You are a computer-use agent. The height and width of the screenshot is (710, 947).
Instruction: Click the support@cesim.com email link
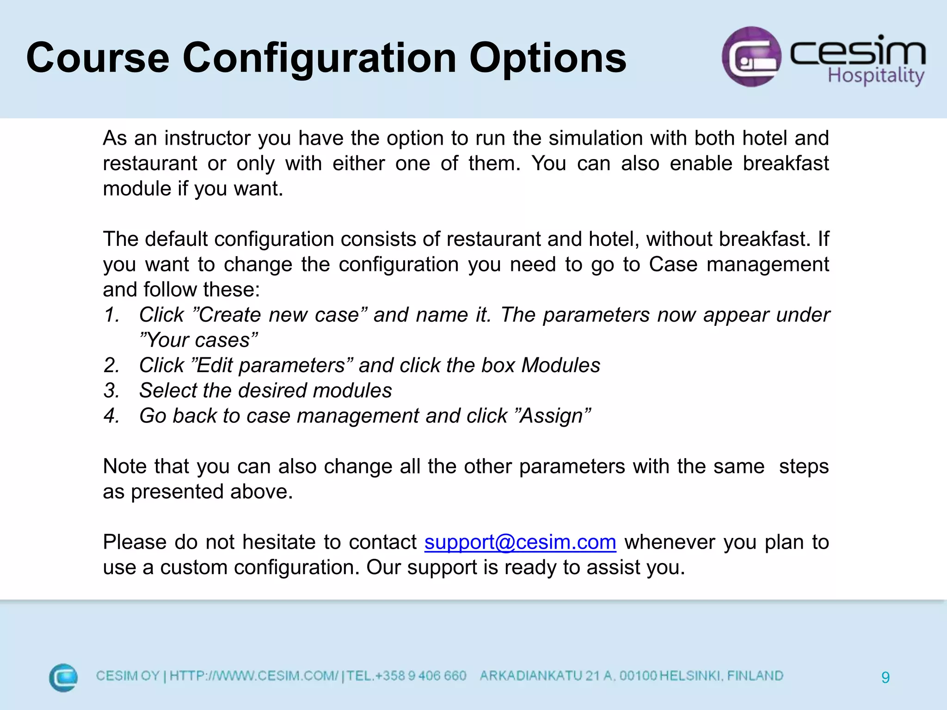pos(520,542)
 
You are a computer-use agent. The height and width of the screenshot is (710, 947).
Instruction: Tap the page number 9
pos(885,678)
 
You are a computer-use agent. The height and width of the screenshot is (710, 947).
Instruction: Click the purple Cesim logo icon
pos(751,56)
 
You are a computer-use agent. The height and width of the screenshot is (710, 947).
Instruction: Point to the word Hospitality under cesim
pos(875,75)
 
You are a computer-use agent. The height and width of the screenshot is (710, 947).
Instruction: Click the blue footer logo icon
pos(63,678)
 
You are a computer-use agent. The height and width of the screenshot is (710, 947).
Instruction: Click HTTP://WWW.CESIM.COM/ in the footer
pos(254,676)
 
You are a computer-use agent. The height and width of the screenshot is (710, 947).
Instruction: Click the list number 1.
pos(111,315)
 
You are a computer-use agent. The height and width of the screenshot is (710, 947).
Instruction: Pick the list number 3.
pos(111,391)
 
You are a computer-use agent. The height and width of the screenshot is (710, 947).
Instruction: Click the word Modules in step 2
pos(560,366)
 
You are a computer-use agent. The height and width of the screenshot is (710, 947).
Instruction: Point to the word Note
pos(124,466)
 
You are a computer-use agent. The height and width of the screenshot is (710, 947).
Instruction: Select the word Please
pos(134,542)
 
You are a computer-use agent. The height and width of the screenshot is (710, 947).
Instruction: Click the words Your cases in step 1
pos(198,341)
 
